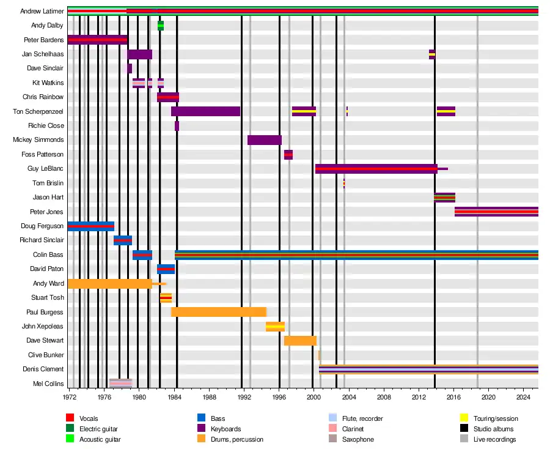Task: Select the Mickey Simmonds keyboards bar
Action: tap(264, 140)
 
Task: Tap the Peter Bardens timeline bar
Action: tap(98, 40)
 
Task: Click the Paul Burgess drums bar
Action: tap(219, 312)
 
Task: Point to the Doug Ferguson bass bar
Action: tap(91, 226)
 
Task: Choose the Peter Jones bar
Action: tap(496, 212)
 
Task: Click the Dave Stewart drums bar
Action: tap(300, 341)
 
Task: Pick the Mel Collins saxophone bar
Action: tap(121, 384)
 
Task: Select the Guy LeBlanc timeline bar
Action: tap(376, 169)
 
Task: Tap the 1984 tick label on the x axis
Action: tap(174, 397)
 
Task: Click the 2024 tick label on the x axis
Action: tap(523, 397)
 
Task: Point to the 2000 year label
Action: tap(314, 397)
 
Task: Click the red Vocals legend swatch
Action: tap(70, 418)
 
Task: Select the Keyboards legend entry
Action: tap(226, 429)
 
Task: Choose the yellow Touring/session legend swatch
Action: tap(464, 418)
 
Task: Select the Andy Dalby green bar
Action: tap(161, 26)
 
